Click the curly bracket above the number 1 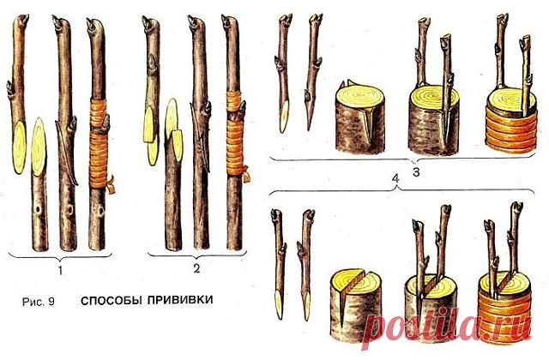coord(59,256)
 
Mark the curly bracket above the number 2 coord(197,256)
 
